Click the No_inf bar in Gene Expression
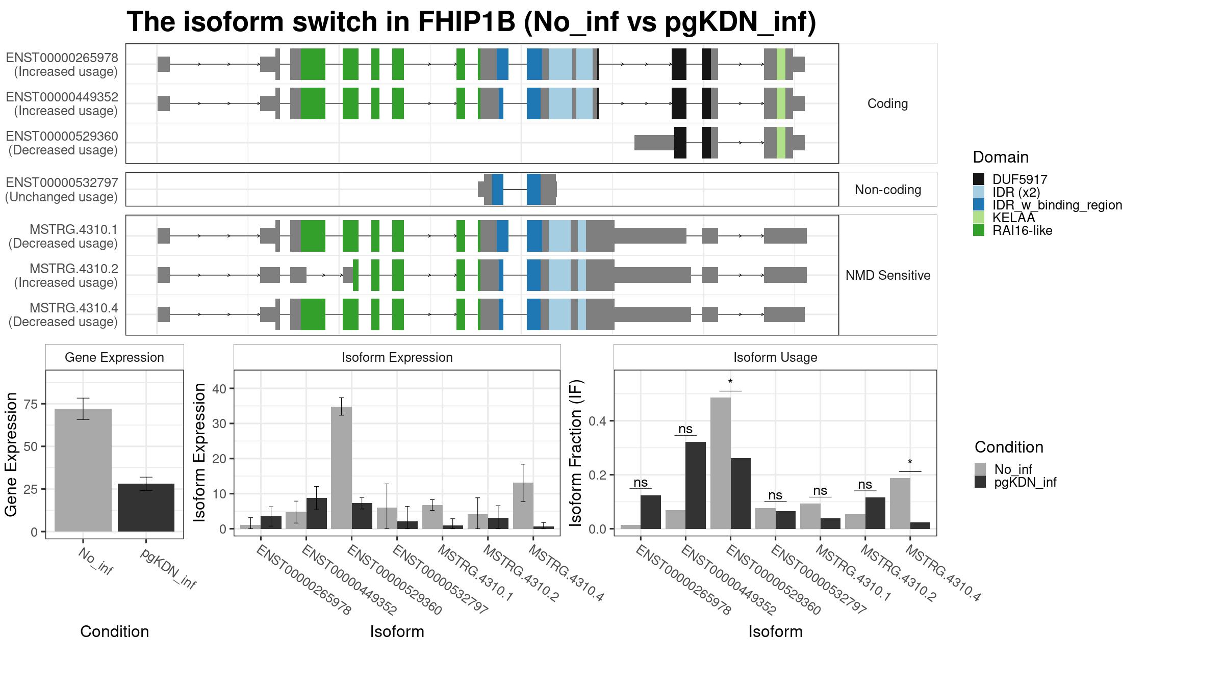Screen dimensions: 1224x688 pos(83,470)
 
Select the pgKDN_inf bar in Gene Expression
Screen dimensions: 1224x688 pos(146,508)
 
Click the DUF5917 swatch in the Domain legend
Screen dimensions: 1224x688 pos(979,179)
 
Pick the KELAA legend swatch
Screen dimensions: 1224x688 pos(979,217)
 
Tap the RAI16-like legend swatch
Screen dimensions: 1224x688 pos(979,230)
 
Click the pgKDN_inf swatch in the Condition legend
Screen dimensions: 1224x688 pos(980,482)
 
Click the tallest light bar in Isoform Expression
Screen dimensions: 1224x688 pos(341,468)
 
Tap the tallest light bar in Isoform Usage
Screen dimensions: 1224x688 pos(721,463)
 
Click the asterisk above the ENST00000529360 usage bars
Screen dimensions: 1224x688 pos(730,382)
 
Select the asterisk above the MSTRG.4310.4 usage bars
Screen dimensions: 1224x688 pos(910,463)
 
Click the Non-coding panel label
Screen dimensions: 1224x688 pos(888,190)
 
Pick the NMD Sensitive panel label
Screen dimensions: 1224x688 pos(888,275)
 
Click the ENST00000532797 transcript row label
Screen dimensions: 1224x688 pos(62,182)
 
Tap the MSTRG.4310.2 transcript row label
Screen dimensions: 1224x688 pos(74,269)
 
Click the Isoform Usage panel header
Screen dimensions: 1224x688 pos(775,357)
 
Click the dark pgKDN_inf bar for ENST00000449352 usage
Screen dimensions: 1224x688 pos(696,485)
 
